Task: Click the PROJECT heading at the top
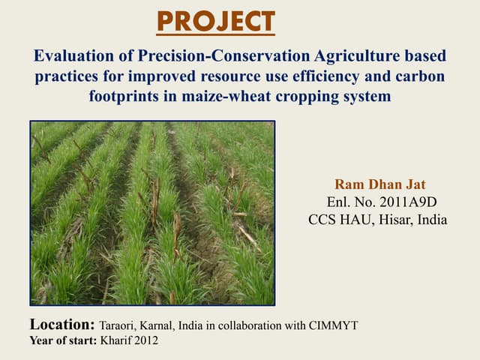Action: (216, 22)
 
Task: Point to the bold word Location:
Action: (62, 325)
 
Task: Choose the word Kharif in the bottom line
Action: (115, 341)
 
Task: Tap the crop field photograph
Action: (152, 212)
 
